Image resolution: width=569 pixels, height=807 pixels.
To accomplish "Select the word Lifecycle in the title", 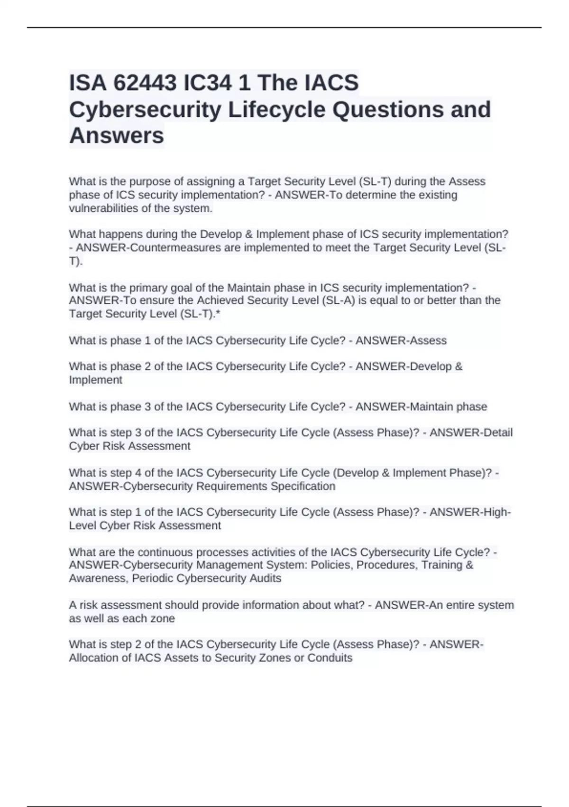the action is click(x=277, y=110).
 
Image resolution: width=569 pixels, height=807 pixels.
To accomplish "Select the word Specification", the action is click(x=303, y=487).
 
